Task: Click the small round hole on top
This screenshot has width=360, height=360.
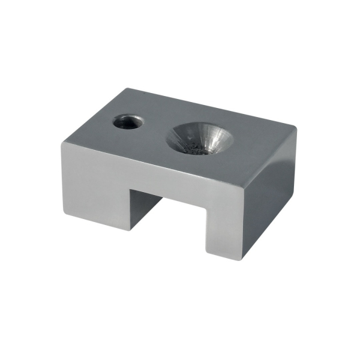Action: (128, 122)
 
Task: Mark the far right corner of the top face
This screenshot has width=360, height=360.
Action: (296, 127)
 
